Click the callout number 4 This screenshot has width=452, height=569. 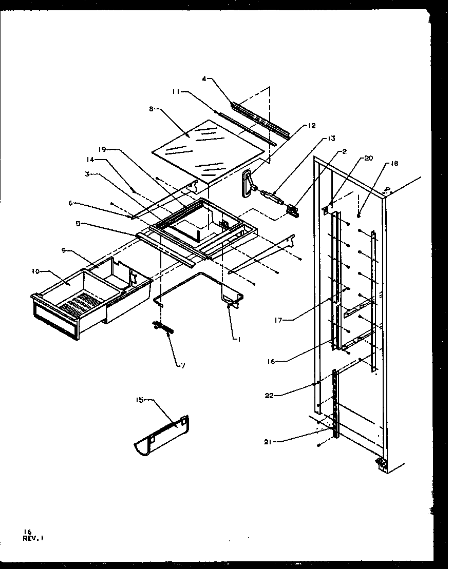[204, 79]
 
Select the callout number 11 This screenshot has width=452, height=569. [175, 92]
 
